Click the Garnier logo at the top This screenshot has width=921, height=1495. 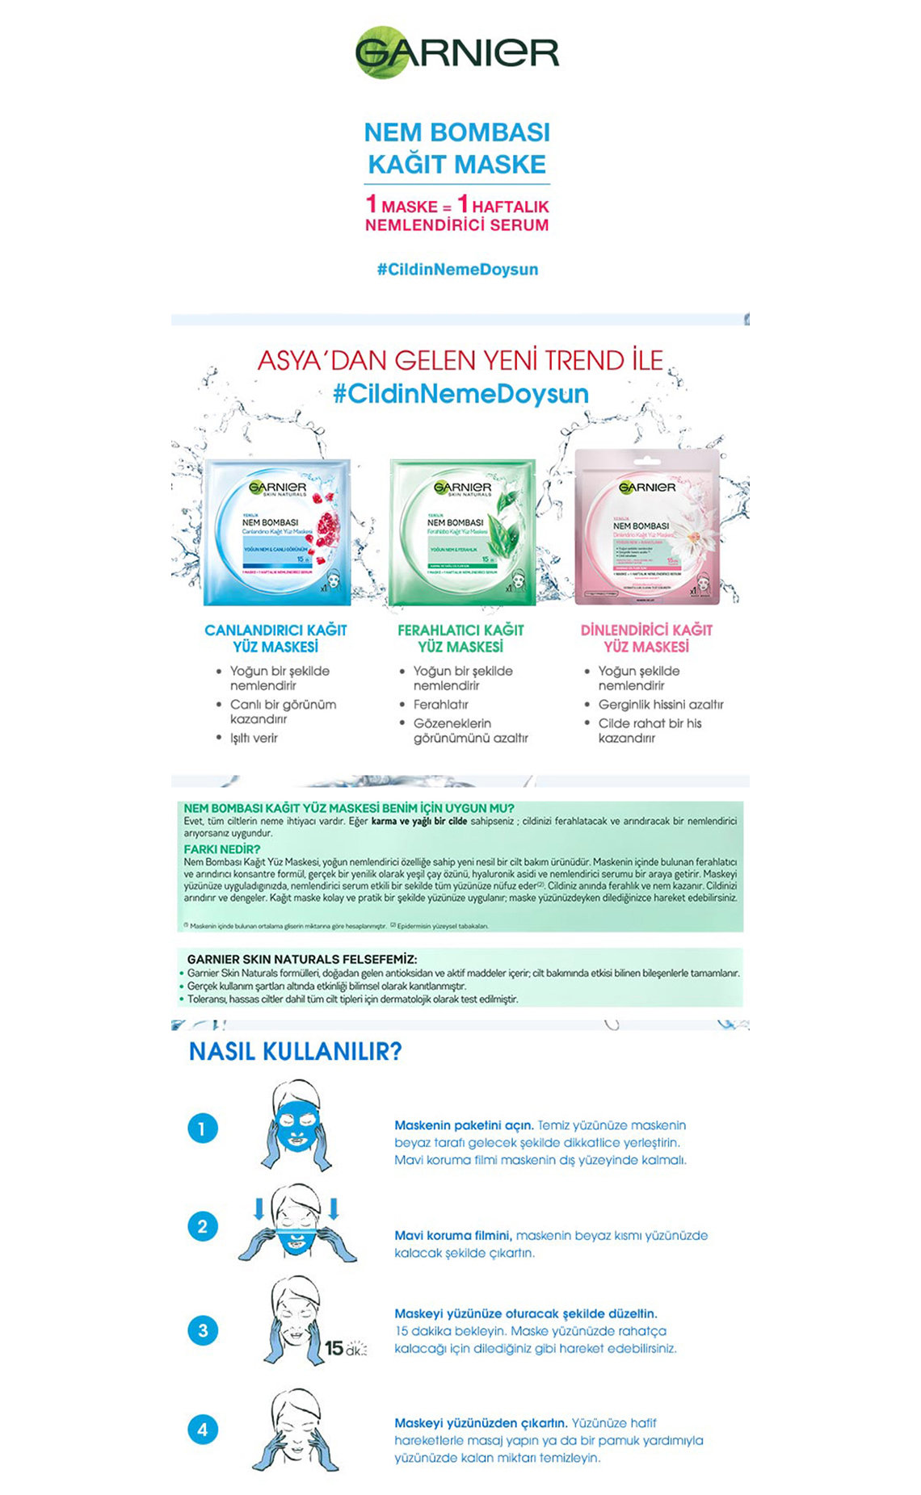[457, 52]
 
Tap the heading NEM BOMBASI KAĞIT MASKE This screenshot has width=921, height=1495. [457, 149]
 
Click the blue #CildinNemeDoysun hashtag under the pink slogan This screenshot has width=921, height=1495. [457, 270]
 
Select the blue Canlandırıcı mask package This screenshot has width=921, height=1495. [277, 532]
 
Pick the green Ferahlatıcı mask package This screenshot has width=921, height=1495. [462, 532]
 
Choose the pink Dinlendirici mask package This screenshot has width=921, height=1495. [647, 527]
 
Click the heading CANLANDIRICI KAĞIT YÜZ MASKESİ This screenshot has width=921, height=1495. [275, 639]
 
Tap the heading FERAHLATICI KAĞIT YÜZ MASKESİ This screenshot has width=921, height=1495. [460, 639]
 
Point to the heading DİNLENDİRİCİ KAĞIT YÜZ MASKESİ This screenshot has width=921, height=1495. [646, 639]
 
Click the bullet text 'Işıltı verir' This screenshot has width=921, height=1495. [254, 738]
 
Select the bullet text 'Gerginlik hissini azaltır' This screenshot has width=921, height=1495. [661, 705]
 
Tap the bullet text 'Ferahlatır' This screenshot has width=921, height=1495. [441, 705]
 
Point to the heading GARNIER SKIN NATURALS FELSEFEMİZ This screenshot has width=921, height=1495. [302, 959]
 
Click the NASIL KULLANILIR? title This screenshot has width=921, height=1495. [295, 1052]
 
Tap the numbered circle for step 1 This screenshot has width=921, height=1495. [203, 1129]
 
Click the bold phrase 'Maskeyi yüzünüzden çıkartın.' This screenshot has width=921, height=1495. [481, 1423]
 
